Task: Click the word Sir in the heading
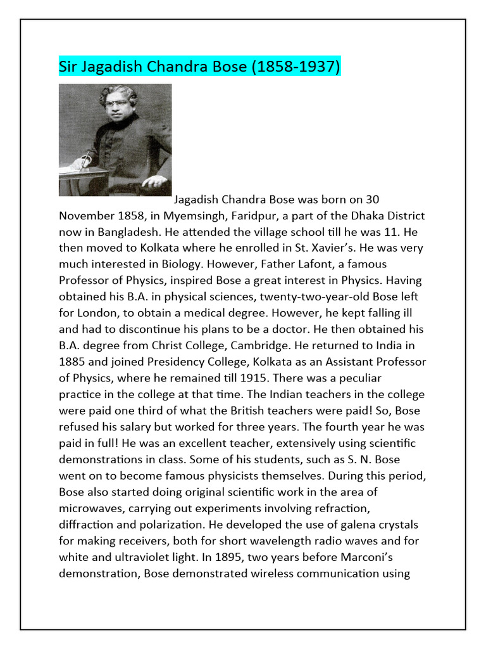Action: coord(68,66)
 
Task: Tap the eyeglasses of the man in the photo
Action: coord(116,103)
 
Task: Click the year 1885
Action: coord(72,363)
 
